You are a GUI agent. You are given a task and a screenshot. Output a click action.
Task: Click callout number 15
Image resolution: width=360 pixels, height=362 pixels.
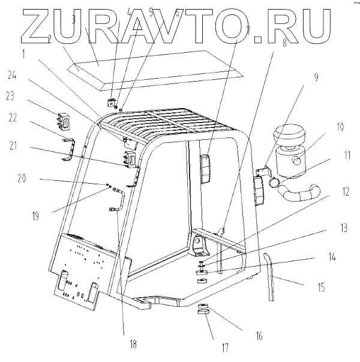pyautogui.click(x=321, y=288)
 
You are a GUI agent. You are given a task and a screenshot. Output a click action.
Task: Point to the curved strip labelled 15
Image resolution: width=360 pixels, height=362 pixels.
pyautogui.click(x=272, y=277)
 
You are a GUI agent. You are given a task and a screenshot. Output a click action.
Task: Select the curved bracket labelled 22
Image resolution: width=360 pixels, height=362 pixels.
pyautogui.click(x=71, y=147)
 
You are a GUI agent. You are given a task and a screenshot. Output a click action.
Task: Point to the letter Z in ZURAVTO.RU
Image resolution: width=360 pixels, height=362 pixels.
pyautogui.click(x=32, y=28)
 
